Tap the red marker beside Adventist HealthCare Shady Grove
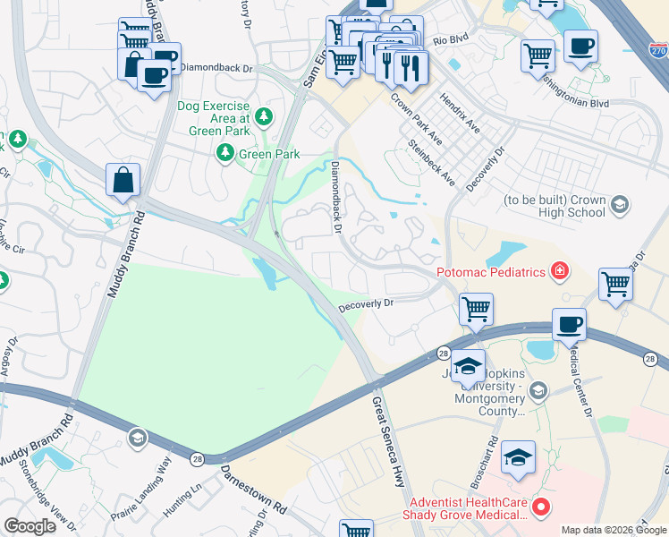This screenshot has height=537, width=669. click(540, 507)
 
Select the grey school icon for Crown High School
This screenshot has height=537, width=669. click(619, 207)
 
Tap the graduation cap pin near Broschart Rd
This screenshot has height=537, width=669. click(519, 456)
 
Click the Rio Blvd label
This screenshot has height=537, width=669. click(451, 40)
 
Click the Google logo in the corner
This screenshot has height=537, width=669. click(30, 525)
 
